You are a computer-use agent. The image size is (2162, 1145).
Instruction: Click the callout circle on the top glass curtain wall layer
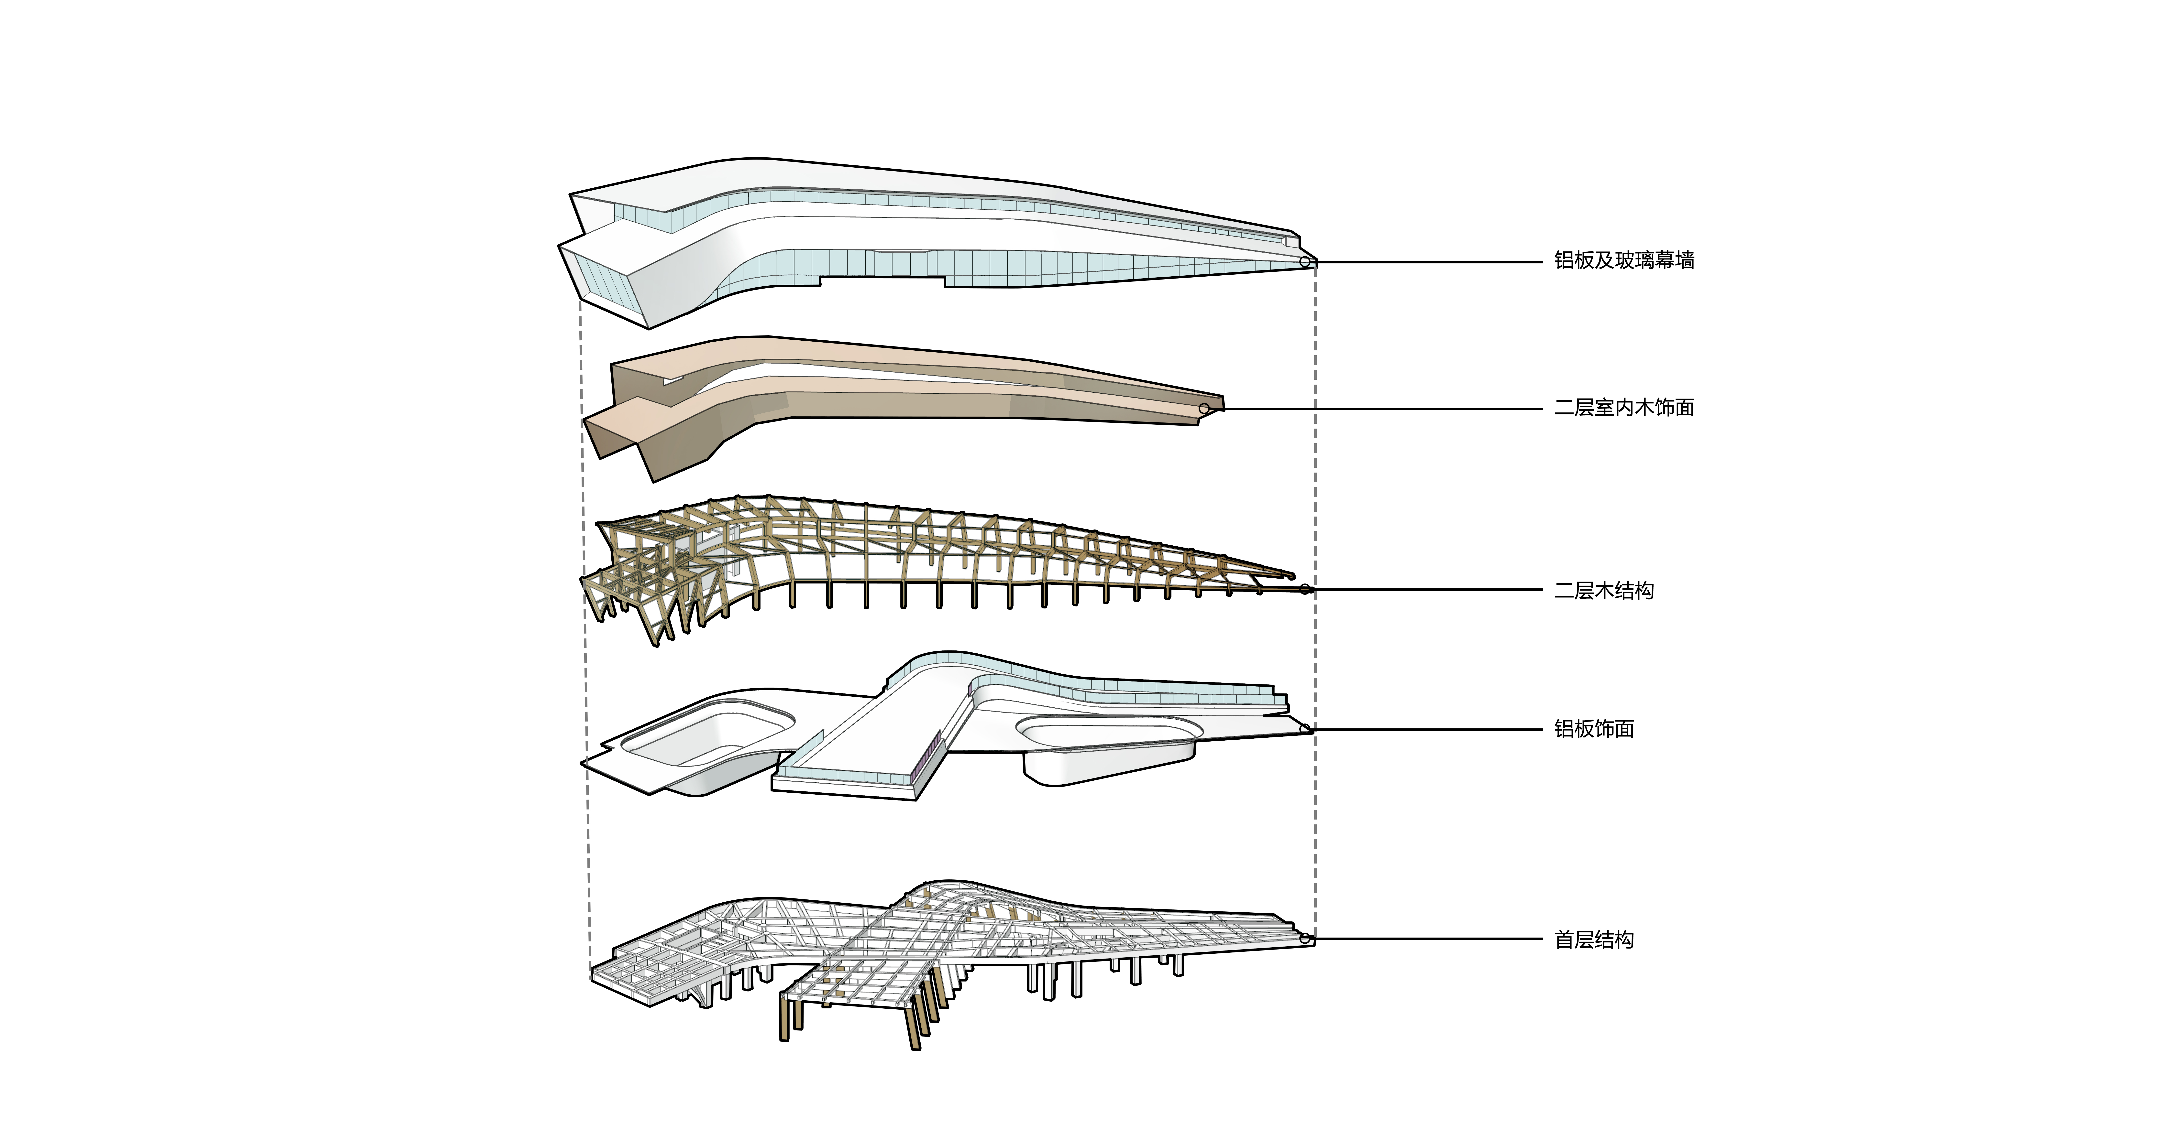[x=1304, y=263]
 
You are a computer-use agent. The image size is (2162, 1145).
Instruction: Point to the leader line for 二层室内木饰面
[x=1376, y=409]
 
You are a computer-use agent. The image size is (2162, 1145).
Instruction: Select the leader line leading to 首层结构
[x=1427, y=939]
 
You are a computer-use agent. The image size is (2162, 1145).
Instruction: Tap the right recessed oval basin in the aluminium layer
[x=1108, y=732]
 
